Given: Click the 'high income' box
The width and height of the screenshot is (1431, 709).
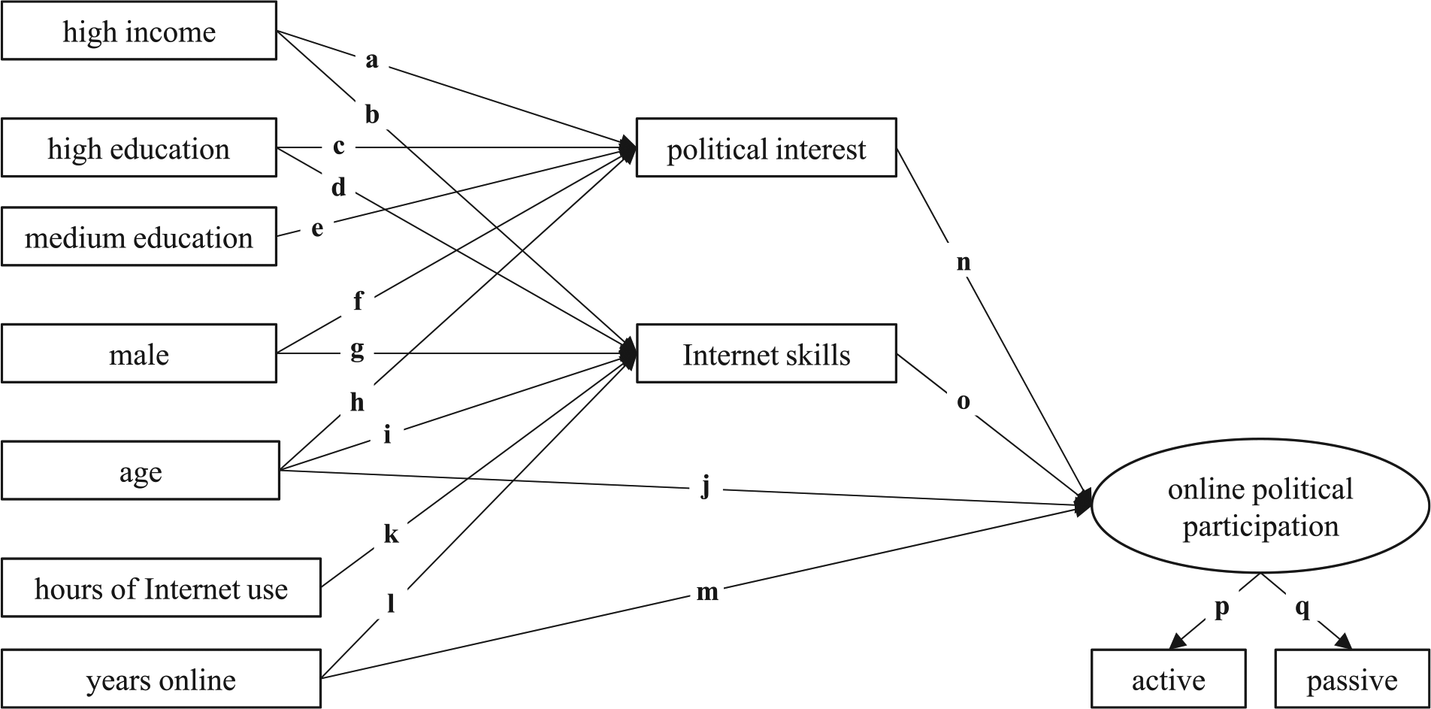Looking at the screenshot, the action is pos(139,31).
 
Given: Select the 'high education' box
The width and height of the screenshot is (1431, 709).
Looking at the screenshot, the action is pos(139,148).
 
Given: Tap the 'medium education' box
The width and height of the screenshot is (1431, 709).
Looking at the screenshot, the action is pos(139,237).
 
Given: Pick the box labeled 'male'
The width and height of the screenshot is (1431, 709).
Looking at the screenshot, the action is pos(139,353).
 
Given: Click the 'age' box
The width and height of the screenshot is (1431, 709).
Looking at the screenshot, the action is pos(141,471).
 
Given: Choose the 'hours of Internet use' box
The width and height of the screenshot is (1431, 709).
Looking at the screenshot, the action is pos(161,588).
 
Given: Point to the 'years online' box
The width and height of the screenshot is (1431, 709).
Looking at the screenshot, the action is pos(161,679).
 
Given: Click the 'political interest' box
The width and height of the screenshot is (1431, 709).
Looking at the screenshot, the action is pos(767,148).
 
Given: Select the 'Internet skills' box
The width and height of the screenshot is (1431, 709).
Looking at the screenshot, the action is pos(767,353).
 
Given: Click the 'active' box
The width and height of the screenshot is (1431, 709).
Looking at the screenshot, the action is pos(1169,679).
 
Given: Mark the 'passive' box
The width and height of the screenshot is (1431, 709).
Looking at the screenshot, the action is pos(1352,679).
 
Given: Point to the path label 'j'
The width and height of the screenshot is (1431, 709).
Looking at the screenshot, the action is pos(705,490).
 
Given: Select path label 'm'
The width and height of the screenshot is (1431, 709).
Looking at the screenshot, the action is pos(707,593).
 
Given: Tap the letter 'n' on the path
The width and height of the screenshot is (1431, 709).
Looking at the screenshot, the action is pos(964,263).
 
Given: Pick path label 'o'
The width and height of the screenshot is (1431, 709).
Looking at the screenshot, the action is pos(964,402).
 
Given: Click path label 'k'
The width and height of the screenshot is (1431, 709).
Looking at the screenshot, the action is pos(391,533).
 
